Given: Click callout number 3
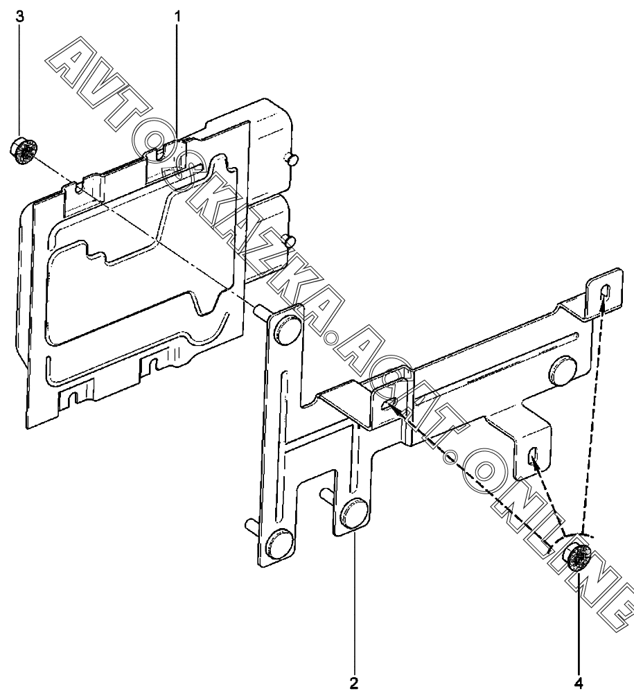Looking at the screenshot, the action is [x=20, y=17].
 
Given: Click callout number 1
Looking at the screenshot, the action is [x=177, y=17].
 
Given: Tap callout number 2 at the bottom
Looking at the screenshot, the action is [x=354, y=683].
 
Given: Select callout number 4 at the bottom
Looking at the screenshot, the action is [x=579, y=683].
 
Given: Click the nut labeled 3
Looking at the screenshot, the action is [x=24, y=151].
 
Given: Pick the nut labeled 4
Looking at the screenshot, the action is [x=578, y=558].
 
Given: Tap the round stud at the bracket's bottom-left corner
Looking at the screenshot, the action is [x=279, y=543].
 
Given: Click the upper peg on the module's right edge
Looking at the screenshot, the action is [x=292, y=159].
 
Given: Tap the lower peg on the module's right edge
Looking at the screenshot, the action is [x=291, y=241].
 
